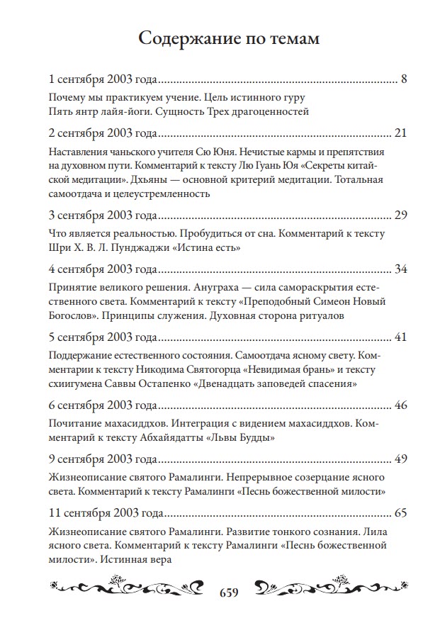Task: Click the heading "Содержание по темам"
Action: point(228,38)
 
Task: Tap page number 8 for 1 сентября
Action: point(403,79)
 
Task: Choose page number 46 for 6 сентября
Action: point(400,404)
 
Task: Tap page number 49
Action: point(400,459)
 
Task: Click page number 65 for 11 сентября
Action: point(400,512)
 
